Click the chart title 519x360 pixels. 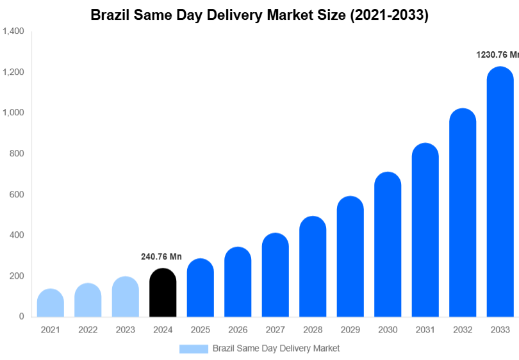coord(259,15)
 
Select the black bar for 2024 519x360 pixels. coord(163,293)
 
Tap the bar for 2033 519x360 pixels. coord(500,192)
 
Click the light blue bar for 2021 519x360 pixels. coord(51,304)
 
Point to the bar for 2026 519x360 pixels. coord(238,282)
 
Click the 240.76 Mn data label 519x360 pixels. coord(161,257)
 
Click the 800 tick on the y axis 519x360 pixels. coord(17,154)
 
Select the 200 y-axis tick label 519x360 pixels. coord(17,276)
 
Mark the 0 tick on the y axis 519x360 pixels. coord(21,316)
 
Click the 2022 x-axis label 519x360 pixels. coord(88,330)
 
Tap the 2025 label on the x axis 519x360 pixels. coord(200,330)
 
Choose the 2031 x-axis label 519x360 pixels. coord(425,330)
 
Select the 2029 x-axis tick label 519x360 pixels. coord(350,330)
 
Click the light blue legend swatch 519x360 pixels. coord(194,348)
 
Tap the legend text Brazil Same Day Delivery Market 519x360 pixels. coord(276,348)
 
